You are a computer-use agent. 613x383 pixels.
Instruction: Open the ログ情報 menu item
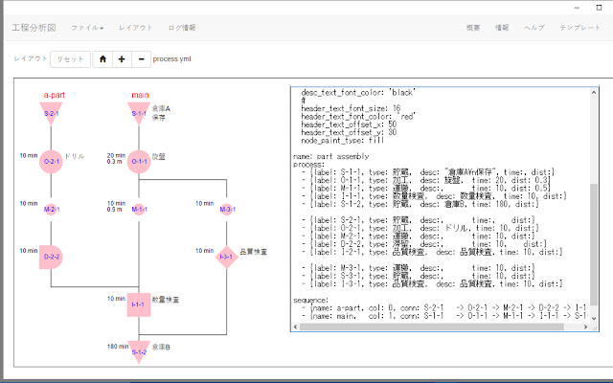(182, 28)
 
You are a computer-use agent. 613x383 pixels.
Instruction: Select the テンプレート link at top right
(579, 28)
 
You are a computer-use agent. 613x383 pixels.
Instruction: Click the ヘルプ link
(534, 28)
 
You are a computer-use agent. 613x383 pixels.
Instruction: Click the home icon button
(102, 58)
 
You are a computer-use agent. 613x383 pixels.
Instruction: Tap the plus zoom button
(122, 58)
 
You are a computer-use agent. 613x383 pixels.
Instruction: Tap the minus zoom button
(141, 58)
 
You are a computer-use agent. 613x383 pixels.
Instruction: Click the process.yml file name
(171, 58)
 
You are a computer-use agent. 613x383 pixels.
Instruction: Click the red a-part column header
(53, 95)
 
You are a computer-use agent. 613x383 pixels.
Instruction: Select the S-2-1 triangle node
(52, 113)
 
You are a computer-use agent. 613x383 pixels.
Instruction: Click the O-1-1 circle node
(139, 161)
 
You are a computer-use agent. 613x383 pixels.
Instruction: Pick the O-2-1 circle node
(52, 161)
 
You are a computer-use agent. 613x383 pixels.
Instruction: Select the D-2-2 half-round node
(52, 257)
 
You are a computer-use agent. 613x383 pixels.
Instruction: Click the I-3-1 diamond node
(226, 257)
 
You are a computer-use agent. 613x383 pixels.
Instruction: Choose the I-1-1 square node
(139, 304)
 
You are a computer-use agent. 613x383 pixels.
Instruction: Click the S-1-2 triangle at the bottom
(139, 350)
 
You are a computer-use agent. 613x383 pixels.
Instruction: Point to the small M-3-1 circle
(226, 209)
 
